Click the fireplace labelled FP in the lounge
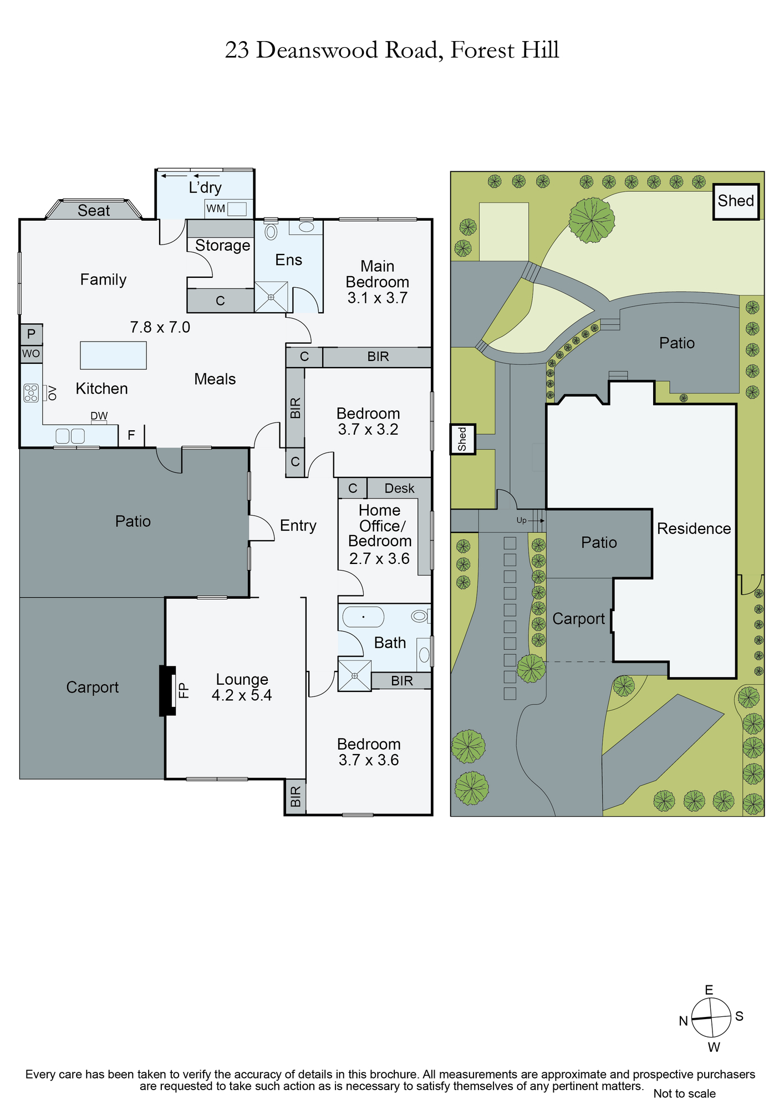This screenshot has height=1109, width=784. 167,690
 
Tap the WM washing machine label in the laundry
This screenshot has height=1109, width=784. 216,208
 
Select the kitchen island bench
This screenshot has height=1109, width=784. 113,355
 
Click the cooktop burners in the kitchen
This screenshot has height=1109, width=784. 31,393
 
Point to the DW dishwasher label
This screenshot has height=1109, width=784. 99,416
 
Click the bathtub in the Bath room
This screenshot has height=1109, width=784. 363,617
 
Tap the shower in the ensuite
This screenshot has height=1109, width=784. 271,297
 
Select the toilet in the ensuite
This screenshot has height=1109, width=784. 271,230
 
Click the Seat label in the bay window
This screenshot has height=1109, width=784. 94,211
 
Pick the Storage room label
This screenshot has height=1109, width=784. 222,246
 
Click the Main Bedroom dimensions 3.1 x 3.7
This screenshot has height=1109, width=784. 378,298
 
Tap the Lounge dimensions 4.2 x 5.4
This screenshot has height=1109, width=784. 242,695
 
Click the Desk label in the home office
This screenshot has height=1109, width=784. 399,488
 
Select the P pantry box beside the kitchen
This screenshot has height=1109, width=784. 31,334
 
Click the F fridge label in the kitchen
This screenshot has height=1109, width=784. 131,435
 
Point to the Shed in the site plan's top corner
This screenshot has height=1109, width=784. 736,202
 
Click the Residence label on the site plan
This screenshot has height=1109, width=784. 694,528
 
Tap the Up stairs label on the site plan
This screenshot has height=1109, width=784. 521,521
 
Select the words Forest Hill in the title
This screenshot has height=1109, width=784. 505,50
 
